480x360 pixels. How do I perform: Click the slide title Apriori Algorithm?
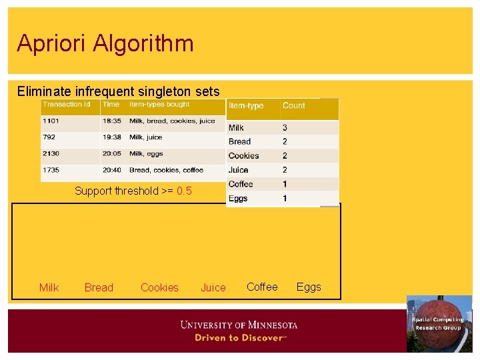point(105,43)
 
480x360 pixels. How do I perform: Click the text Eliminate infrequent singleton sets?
point(118,91)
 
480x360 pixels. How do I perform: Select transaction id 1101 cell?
point(51,121)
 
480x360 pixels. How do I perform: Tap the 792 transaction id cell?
point(49,137)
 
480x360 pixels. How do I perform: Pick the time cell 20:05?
point(111,154)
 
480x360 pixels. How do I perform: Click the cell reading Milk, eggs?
point(146,154)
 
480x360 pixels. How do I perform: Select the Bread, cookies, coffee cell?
point(166,170)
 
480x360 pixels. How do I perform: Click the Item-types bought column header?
point(159,105)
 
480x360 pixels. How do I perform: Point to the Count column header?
point(293,106)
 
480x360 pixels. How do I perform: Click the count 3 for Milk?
point(285,127)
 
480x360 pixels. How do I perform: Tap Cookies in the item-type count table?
point(243,156)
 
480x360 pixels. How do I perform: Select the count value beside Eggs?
point(285,199)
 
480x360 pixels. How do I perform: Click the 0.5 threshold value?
point(184,191)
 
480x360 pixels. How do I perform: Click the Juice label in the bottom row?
point(213,288)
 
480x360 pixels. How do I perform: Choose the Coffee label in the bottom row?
point(262,287)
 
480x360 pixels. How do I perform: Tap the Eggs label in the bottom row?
point(309,287)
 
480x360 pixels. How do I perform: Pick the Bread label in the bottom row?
point(99,288)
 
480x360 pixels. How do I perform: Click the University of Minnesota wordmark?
point(239,325)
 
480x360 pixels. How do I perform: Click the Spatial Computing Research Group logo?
point(439,323)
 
